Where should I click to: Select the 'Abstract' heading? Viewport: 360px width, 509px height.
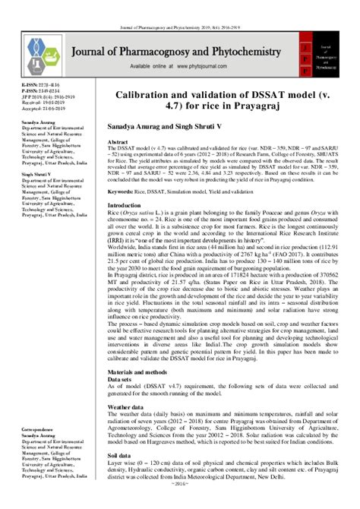(x=118, y=142)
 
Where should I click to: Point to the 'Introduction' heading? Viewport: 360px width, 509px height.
(x=124, y=207)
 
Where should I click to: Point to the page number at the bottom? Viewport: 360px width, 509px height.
(x=180, y=504)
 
